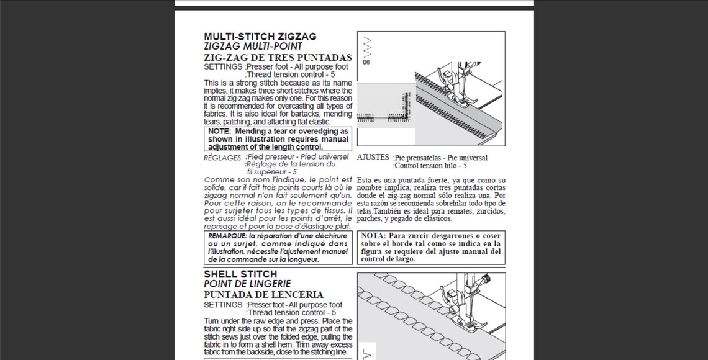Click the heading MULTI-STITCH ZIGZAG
tap(260, 37)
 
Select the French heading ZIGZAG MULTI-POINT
tap(253, 47)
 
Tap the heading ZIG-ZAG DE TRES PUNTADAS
tap(278, 58)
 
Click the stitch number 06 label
tap(366, 62)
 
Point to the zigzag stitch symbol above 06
tap(367, 47)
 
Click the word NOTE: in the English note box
tap(219, 132)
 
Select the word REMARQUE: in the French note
tap(227, 236)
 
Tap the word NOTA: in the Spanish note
tap(373, 236)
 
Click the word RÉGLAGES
tap(222, 158)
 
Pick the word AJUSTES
tap(373, 158)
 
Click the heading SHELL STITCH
tap(240, 274)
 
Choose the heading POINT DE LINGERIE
tap(247, 284)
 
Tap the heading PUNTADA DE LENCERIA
tap(264, 295)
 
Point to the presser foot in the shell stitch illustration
tap(461, 312)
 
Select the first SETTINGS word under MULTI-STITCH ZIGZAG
tap(223, 67)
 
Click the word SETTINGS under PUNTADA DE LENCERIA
tap(223, 305)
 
